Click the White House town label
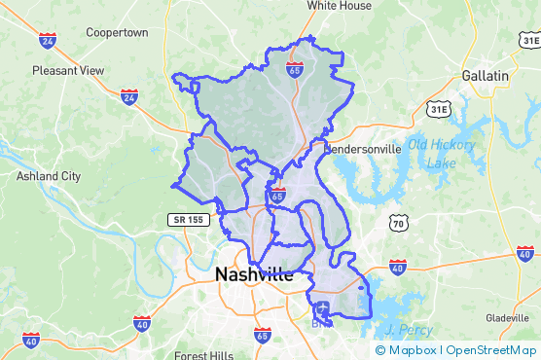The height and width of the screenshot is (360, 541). (x=340, y=6)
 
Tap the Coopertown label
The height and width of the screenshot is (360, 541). (x=117, y=32)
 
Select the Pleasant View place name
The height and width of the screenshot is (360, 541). (x=68, y=70)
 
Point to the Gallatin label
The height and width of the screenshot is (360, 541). (x=485, y=75)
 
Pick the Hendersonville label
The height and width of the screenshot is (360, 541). (x=362, y=150)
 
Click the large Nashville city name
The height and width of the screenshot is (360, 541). (x=253, y=275)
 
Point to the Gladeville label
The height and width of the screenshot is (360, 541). (x=507, y=318)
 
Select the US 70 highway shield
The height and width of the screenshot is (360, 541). (x=398, y=224)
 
